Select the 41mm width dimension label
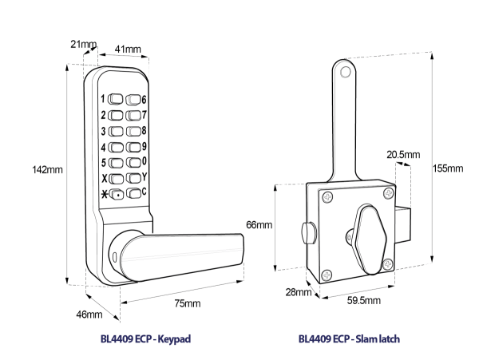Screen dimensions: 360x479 pos(128,49)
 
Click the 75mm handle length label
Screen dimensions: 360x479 pos(188,303)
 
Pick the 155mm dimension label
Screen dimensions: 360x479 pos(447,168)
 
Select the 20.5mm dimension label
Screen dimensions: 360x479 pos(402,153)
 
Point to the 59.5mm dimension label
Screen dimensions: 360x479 pos(366,300)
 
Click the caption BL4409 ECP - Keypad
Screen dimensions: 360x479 pos(146,338)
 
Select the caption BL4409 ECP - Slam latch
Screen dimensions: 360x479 pos(349,338)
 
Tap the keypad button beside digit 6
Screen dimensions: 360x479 pos(133,101)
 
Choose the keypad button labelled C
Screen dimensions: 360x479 pos(133,192)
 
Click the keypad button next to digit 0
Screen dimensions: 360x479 pos(133,162)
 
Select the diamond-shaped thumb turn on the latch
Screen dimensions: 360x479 pos(366,232)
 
